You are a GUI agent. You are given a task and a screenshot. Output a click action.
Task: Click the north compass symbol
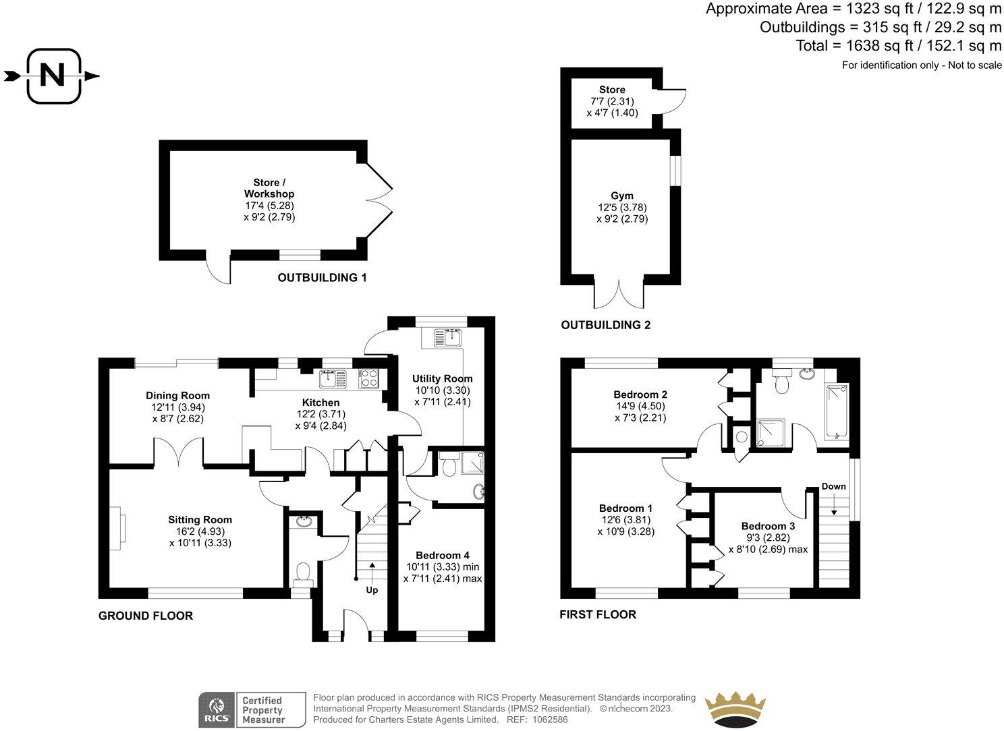53,76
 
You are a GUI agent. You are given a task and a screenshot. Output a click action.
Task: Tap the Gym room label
621,196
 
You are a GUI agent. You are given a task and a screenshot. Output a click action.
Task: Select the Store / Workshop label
269,188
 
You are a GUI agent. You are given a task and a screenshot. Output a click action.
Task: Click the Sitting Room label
200,519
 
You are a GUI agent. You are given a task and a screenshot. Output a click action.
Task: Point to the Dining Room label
177,395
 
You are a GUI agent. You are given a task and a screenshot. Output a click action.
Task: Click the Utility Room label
442,378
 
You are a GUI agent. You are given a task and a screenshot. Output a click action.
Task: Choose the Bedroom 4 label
442,555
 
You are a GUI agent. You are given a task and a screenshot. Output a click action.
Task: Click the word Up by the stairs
372,590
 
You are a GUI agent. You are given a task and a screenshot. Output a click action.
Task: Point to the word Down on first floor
833,486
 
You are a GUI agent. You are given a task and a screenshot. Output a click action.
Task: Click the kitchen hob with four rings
369,379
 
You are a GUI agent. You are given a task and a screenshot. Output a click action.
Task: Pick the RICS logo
217,710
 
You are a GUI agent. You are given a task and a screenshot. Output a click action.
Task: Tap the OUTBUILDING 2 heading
606,325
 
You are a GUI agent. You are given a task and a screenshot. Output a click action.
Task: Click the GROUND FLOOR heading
146,616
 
